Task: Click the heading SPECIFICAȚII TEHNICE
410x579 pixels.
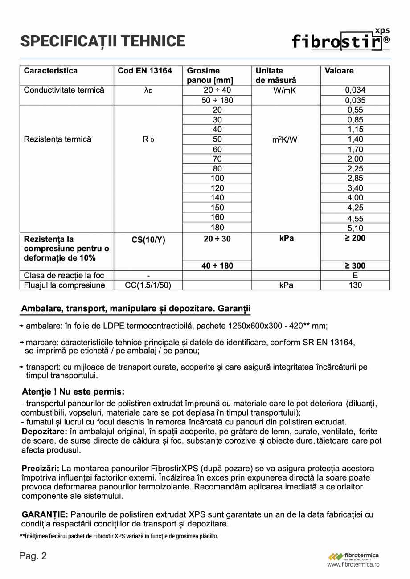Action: tap(102, 41)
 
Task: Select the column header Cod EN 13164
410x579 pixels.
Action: tap(145, 71)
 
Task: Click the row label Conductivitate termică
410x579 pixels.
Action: tap(64, 90)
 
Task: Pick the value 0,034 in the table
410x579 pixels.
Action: tap(355, 90)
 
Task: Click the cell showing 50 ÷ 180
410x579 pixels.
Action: tap(217, 100)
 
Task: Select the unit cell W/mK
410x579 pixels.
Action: tap(286, 90)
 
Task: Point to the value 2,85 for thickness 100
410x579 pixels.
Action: tap(355, 179)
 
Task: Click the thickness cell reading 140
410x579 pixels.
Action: tap(217, 198)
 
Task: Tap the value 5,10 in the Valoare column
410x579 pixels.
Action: tap(355, 228)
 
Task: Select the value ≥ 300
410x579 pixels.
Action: tap(355, 266)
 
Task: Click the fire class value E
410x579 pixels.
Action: tap(355, 276)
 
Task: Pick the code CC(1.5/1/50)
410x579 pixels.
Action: tap(148, 285)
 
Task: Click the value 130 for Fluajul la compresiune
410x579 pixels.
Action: tap(355, 285)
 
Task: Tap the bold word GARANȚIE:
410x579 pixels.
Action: tap(45, 514)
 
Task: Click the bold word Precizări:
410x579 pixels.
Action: tap(41, 469)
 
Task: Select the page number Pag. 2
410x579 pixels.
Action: tap(33, 556)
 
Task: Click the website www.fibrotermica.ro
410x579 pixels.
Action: tap(353, 564)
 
